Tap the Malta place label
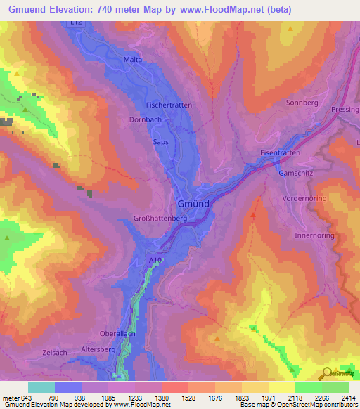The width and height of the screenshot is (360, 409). pos(133,60)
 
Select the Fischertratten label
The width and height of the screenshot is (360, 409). pos(168,105)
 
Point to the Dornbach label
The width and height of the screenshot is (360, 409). pos(146,119)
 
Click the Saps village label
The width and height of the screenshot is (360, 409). pos(160,141)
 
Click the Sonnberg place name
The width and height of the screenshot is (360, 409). pos(302,103)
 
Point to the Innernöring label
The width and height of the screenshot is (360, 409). pos(312,235)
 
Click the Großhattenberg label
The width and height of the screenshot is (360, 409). pos(160,219)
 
